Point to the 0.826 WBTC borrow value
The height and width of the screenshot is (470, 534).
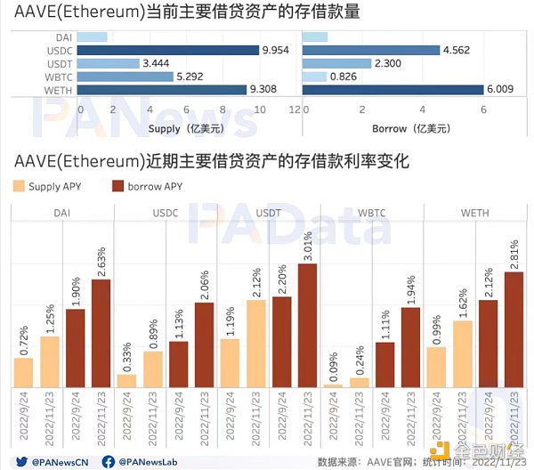[342, 77]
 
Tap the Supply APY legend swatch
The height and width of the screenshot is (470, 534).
[20, 186]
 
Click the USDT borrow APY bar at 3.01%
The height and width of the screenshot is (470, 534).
[306, 325]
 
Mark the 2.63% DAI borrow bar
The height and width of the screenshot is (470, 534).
[101, 333]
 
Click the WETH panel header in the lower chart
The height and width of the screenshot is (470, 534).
[472, 213]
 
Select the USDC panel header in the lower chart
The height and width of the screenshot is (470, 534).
[165, 213]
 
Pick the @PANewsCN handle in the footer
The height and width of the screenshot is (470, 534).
[58, 462]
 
